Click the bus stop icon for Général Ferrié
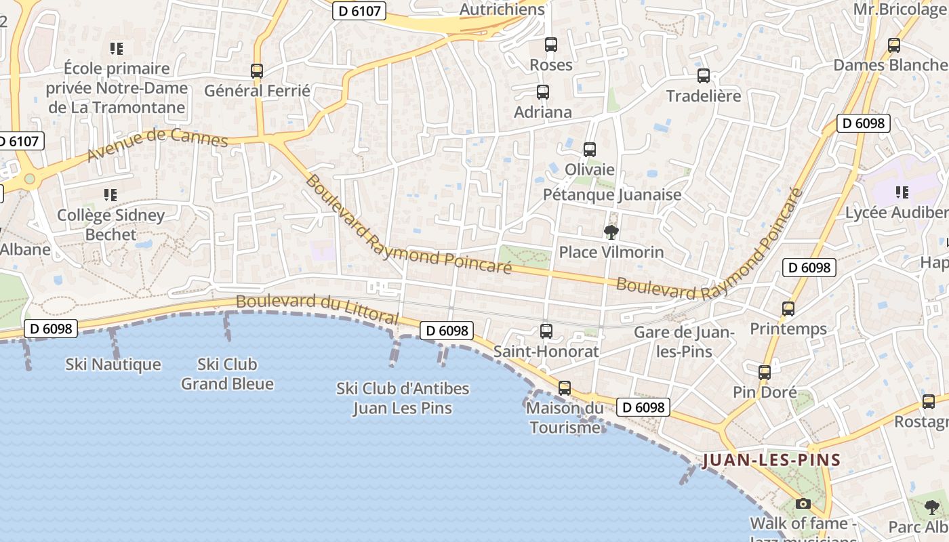click(x=256, y=70)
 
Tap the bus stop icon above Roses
click(x=551, y=45)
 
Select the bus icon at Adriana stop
click(x=542, y=92)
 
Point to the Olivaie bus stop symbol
click(x=590, y=149)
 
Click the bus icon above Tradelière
click(x=704, y=76)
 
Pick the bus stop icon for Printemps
click(x=788, y=309)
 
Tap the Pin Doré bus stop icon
click(x=765, y=372)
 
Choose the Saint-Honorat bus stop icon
click(x=546, y=331)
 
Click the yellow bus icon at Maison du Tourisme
click(x=564, y=388)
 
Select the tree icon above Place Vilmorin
click(x=611, y=232)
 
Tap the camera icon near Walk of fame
click(x=803, y=503)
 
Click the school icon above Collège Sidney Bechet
click(x=110, y=195)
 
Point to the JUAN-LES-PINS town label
click(x=771, y=461)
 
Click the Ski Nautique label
click(x=113, y=364)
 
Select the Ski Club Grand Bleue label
click(x=227, y=374)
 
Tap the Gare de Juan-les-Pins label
click(x=684, y=341)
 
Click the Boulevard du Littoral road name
click(x=317, y=309)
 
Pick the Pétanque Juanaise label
click(x=612, y=195)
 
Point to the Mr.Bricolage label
click(x=900, y=9)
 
